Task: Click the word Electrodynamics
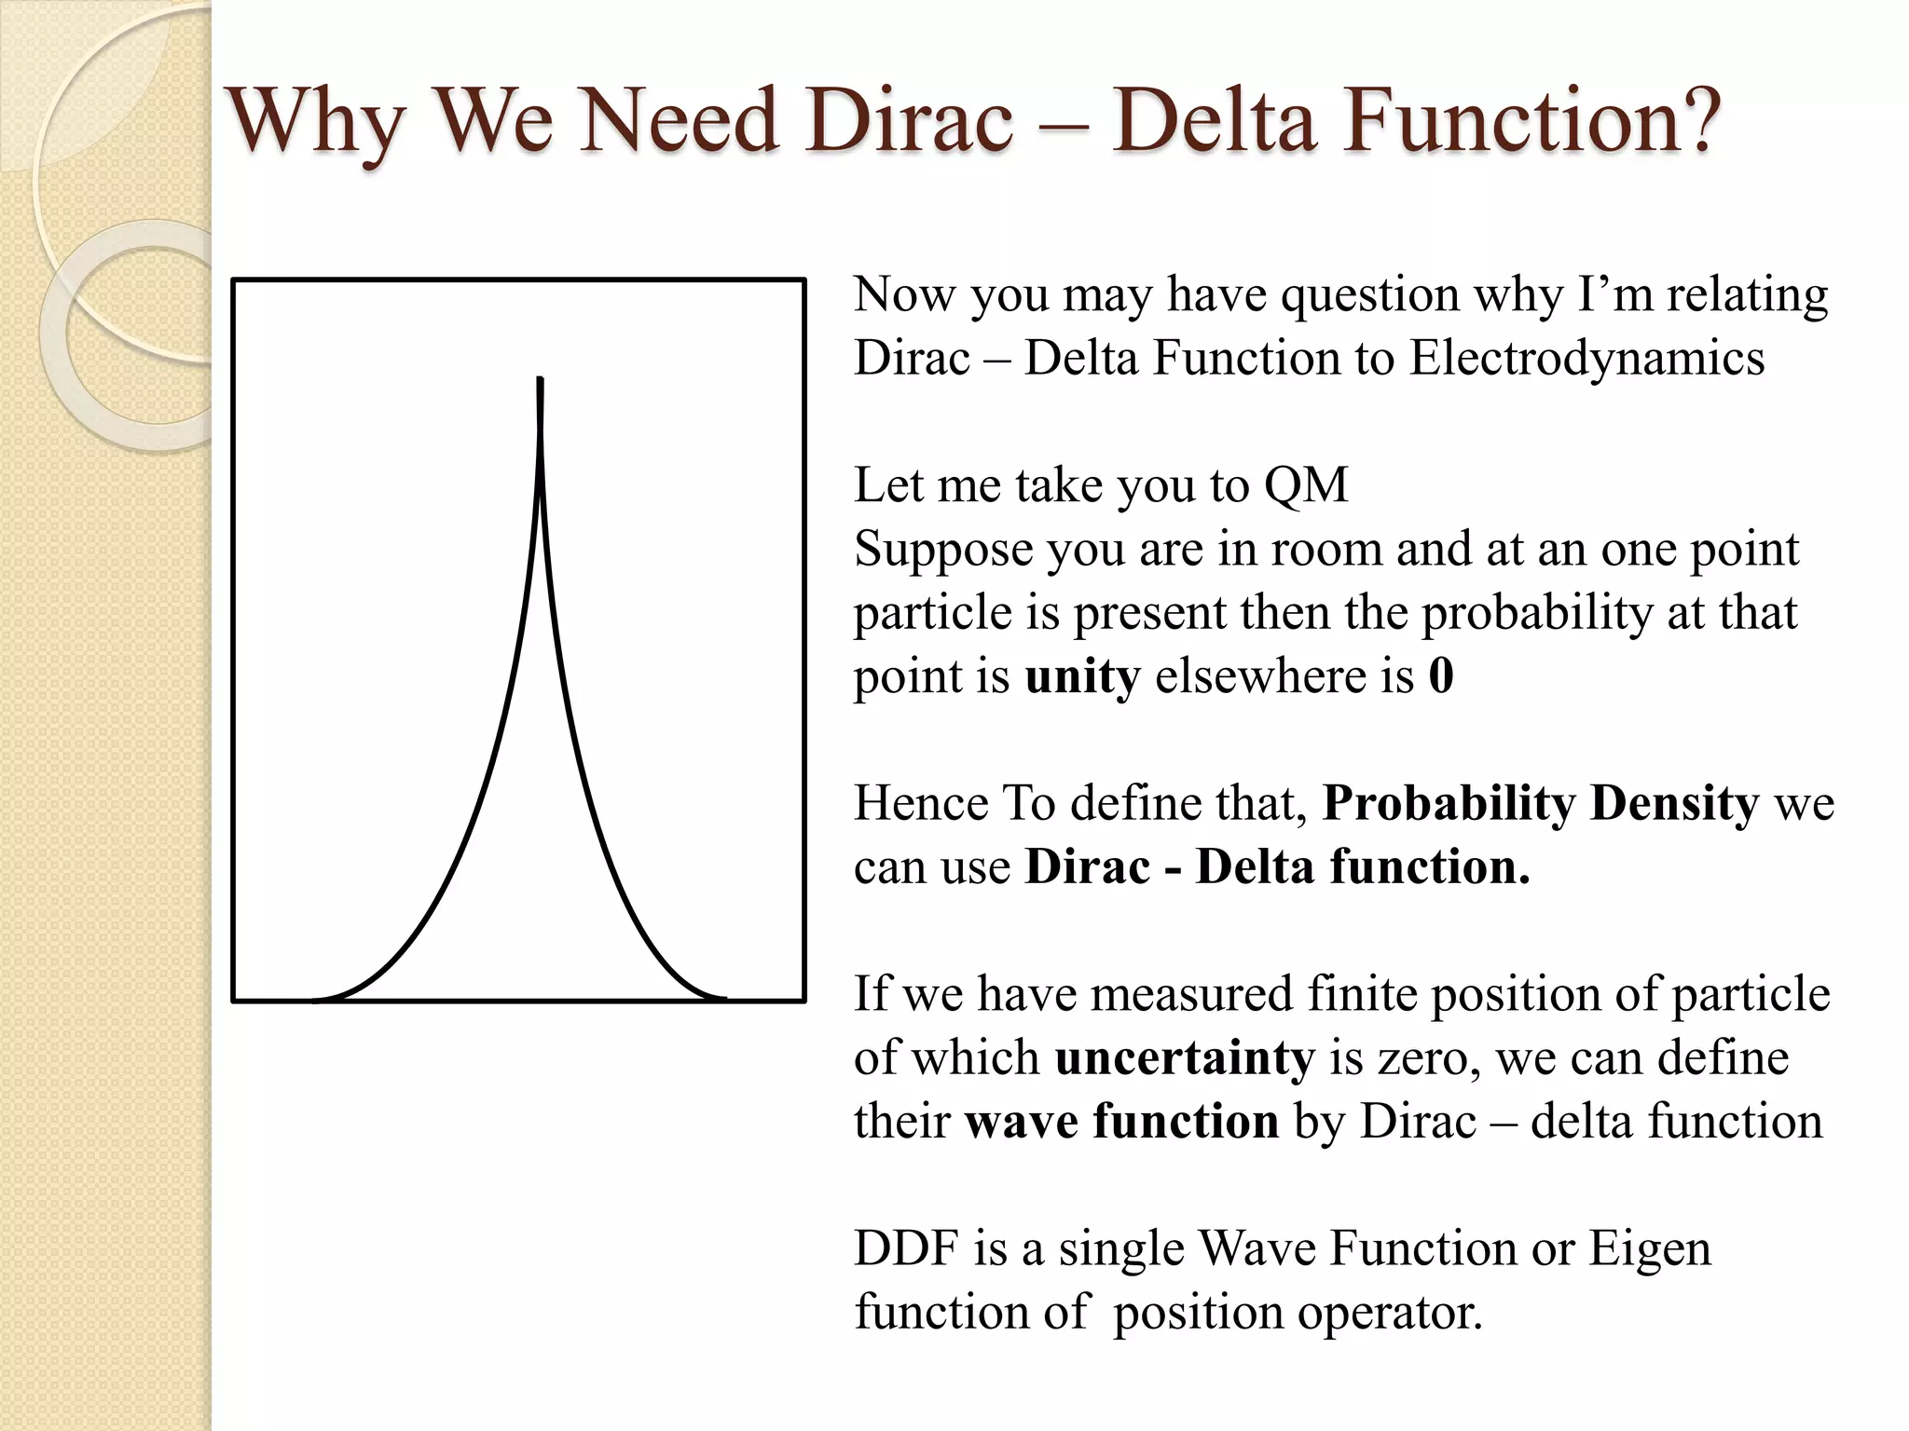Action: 1586,359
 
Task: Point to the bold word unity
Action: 1081,677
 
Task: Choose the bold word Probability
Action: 1448,804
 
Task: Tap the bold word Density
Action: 1674,803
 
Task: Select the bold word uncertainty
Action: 1184,1058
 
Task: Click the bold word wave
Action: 1021,1122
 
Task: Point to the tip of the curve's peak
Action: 541,379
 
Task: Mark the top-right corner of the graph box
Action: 803,279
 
